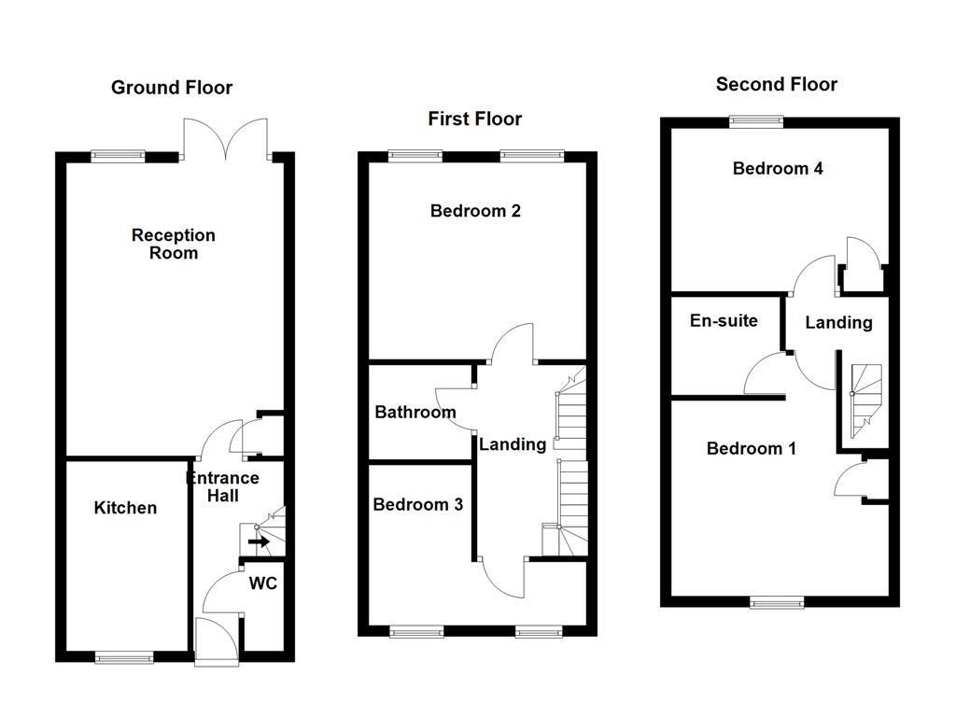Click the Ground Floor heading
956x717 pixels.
172,88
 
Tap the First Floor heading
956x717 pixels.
474,119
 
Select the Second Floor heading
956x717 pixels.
777,84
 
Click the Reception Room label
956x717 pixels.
174,244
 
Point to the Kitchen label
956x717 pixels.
125,508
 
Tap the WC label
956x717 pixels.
262,584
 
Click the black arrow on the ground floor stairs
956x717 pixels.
259,541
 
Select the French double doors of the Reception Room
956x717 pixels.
228,140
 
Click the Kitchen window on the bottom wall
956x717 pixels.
124,657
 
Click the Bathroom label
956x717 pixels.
415,412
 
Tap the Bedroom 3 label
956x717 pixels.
417,505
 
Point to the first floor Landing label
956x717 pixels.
513,444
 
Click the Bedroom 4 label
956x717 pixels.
778,169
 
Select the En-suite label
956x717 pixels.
724,321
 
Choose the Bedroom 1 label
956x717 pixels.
752,449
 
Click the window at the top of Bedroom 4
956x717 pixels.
756,119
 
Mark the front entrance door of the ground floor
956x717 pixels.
218,641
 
